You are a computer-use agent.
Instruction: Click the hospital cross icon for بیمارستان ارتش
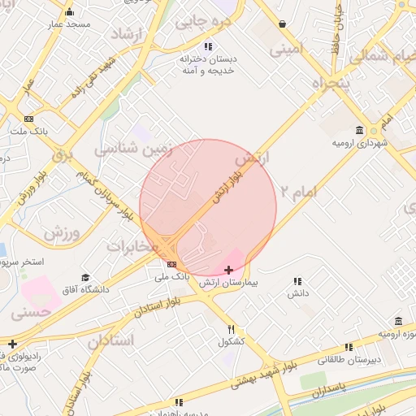point(227,269)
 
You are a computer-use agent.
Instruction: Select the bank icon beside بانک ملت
point(29,118)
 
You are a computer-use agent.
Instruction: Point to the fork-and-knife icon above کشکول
point(232,329)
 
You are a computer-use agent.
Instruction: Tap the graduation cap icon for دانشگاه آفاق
point(85,277)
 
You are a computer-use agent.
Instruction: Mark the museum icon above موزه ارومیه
point(398,322)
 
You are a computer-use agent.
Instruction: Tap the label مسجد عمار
point(68,25)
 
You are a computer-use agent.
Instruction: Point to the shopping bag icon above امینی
point(281,24)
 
